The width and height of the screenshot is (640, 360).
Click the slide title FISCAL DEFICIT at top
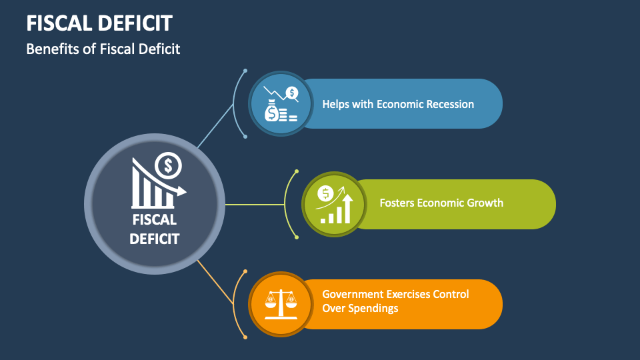click(99, 23)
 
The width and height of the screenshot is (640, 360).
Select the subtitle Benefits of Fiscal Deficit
click(103, 49)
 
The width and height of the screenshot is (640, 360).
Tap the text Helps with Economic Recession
click(398, 104)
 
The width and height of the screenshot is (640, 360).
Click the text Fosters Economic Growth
click(441, 203)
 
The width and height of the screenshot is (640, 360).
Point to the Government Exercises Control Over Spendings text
click(395, 301)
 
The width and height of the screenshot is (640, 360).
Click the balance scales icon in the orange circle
click(281, 303)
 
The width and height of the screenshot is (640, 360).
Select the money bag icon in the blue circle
click(272, 111)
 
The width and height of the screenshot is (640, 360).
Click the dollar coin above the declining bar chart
click(168, 164)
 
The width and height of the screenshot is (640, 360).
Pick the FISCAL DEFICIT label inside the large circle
click(154, 229)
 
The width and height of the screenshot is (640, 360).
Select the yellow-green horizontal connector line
click(257, 204)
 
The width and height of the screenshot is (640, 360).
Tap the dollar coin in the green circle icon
click(326, 193)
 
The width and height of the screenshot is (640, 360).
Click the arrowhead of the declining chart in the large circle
click(181, 192)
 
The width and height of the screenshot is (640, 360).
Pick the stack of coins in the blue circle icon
click(288, 115)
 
